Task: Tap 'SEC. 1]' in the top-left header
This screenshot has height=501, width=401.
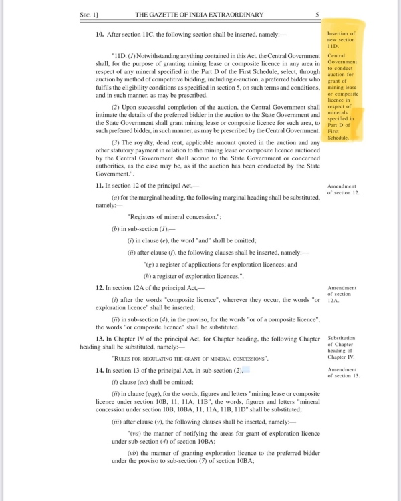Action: pos(90,13)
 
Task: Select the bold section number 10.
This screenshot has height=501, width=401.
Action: pos(98,33)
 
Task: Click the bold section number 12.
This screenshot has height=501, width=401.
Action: pos(98,287)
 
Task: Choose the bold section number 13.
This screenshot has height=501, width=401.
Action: pos(98,339)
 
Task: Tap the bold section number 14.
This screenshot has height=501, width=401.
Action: pos(98,369)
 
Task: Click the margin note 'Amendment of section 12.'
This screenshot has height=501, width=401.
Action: pos(344,189)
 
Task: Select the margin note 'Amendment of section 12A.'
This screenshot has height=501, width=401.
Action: pos(342,293)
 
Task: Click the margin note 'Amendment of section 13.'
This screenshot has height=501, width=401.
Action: pos(344,373)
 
